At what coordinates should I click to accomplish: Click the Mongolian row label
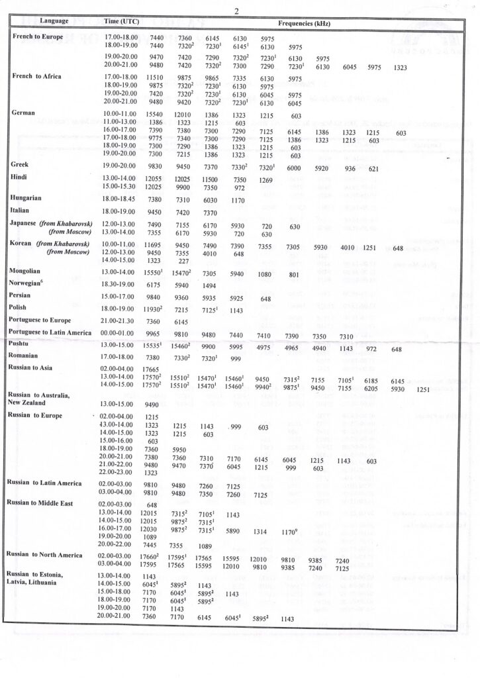[29, 271]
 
